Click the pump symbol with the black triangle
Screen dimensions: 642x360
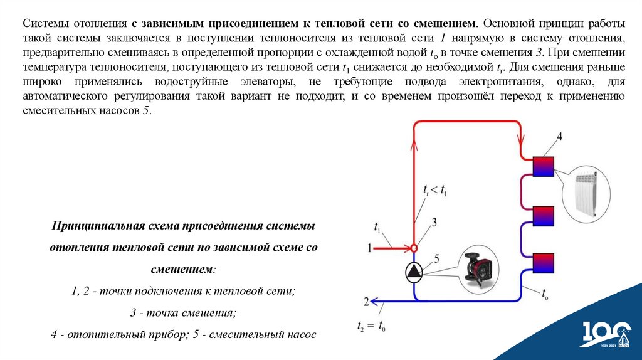414,271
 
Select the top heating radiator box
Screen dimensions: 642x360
543,166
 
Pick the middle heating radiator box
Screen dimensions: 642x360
543,215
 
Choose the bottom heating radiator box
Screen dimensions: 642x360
543,262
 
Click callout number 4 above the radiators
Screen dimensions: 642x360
559,137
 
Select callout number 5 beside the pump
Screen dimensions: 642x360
437,258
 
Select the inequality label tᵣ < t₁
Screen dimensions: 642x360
435,189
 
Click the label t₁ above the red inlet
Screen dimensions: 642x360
377,226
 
